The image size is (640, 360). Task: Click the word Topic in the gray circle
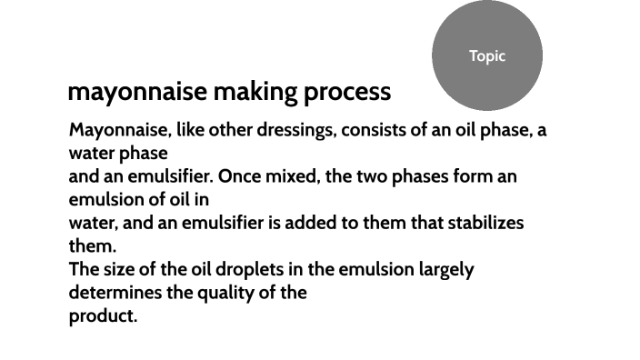[486, 56]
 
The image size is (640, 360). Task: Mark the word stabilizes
[481, 223]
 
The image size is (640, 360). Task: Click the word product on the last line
[103, 316]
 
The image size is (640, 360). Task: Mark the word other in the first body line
[232, 130]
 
